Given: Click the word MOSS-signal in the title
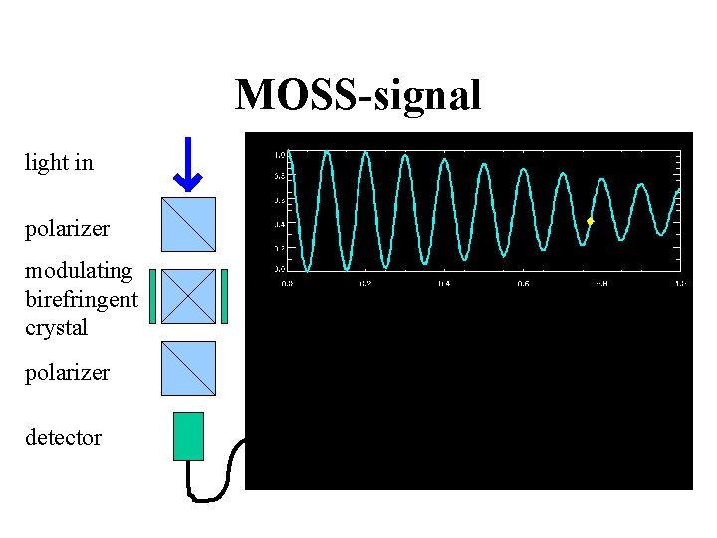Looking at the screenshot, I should click(x=358, y=96).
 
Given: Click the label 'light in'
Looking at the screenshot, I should click(x=59, y=163).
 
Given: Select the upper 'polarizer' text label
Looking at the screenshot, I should click(x=67, y=229).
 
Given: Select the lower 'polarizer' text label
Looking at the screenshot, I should click(x=67, y=373).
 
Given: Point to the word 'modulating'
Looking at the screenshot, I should click(x=79, y=271).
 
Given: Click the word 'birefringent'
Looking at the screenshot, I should click(x=82, y=299).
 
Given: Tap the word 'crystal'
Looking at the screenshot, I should click(x=57, y=328).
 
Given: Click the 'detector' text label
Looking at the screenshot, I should click(x=63, y=438).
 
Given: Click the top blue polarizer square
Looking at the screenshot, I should click(x=188, y=224).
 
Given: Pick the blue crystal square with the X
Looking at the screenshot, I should click(x=188, y=296).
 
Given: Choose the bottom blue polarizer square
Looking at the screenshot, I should click(x=188, y=368).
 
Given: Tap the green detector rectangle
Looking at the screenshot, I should click(x=188, y=436).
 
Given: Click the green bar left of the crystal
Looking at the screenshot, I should click(x=152, y=297).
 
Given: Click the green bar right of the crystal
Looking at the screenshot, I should click(x=225, y=297).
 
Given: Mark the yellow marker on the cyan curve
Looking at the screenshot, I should click(x=590, y=221).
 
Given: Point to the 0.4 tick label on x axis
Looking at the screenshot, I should click(x=444, y=284).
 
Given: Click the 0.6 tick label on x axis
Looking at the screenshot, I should click(x=523, y=284).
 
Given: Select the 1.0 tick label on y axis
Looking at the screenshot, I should click(x=280, y=155).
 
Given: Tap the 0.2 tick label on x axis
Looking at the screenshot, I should click(x=365, y=284).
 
